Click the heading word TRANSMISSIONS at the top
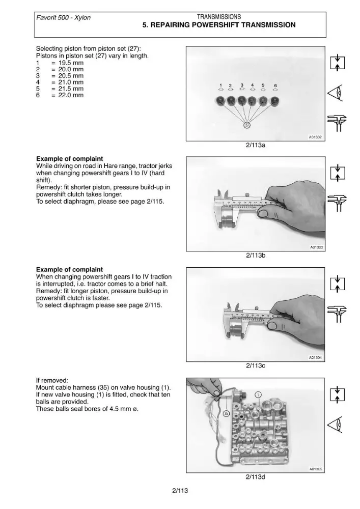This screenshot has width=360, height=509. click(x=219, y=17)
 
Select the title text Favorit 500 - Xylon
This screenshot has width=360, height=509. click(x=63, y=17)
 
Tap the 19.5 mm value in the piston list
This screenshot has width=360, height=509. click(x=71, y=63)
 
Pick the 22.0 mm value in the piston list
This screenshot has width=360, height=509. click(x=71, y=95)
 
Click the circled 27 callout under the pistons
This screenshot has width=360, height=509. click(x=247, y=125)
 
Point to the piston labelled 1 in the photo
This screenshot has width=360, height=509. click(x=221, y=101)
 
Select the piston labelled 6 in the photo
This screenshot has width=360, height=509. click(x=274, y=101)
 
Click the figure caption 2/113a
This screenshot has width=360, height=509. click(x=256, y=145)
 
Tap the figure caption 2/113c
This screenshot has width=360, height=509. click(x=256, y=365)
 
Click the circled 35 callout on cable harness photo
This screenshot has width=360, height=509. click(x=227, y=413)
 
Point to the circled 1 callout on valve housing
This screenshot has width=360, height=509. click(x=258, y=395)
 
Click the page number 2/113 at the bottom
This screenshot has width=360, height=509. click(x=180, y=491)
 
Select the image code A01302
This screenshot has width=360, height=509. click(x=315, y=137)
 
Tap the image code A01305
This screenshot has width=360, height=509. click(x=316, y=469)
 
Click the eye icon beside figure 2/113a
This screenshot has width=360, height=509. click(x=337, y=94)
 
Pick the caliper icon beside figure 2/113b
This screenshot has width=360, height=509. click(x=337, y=203)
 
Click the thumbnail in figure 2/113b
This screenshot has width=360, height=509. click(x=263, y=213)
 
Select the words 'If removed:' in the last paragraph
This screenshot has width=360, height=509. click(x=52, y=380)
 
